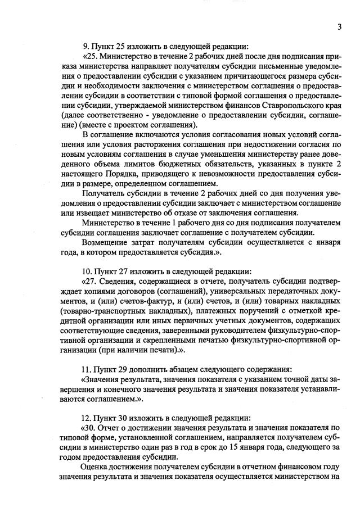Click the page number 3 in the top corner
point(340,26)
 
